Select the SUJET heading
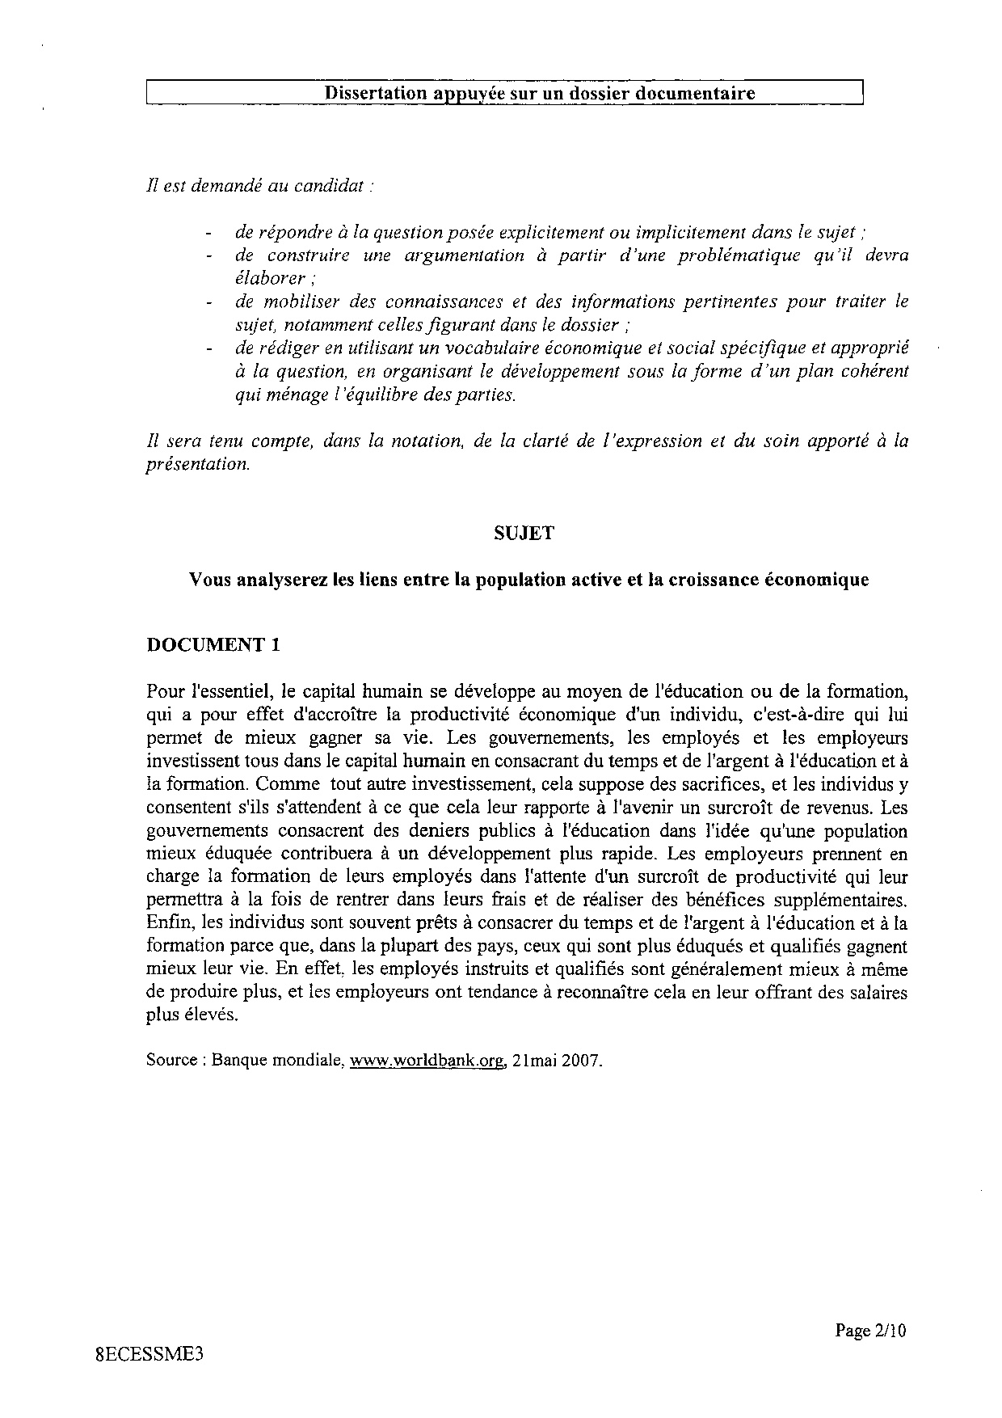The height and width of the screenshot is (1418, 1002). [x=524, y=533]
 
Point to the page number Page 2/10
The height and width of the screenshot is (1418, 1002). [x=871, y=1331]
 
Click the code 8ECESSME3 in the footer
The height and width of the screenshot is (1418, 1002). [x=148, y=1356]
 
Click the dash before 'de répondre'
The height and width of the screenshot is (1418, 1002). [x=209, y=233]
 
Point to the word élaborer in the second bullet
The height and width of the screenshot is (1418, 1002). [x=264, y=278]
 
